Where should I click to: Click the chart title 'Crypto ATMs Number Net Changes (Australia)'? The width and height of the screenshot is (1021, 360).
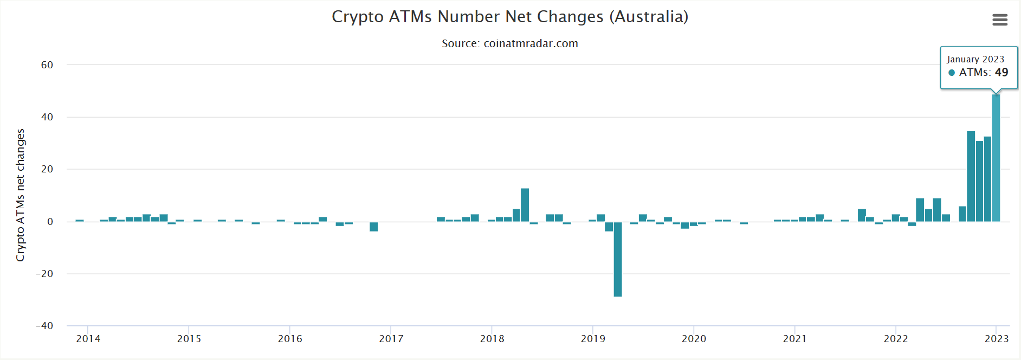pos(510,17)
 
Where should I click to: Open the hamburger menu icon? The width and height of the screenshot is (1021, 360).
pos(1000,20)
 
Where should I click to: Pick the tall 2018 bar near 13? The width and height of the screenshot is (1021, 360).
pos(525,205)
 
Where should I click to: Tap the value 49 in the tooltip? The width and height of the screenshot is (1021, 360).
pos(1001,73)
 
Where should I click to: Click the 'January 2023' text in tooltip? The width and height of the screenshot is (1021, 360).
pos(975,59)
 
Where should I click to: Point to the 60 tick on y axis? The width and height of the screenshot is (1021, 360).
pos(47,65)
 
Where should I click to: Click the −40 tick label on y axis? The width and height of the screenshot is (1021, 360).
pos(44,326)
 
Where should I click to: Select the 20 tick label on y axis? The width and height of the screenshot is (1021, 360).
pos(47,169)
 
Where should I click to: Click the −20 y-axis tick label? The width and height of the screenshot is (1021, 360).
pos(44,274)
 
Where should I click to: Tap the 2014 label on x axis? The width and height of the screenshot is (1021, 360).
pos(88,339)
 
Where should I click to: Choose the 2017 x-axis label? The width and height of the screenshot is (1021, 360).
pos(391,339)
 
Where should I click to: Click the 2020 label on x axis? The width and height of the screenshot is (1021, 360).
pos(694,339)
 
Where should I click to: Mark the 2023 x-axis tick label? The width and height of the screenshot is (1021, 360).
pos(996,339)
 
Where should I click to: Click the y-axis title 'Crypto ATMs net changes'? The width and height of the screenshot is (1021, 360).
pos(21,195)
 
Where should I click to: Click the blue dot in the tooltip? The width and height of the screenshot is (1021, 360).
pos(952,73)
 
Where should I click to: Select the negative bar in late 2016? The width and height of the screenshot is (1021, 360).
pos(374,227)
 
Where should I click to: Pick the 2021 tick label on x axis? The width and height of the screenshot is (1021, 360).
pos(794,339)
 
